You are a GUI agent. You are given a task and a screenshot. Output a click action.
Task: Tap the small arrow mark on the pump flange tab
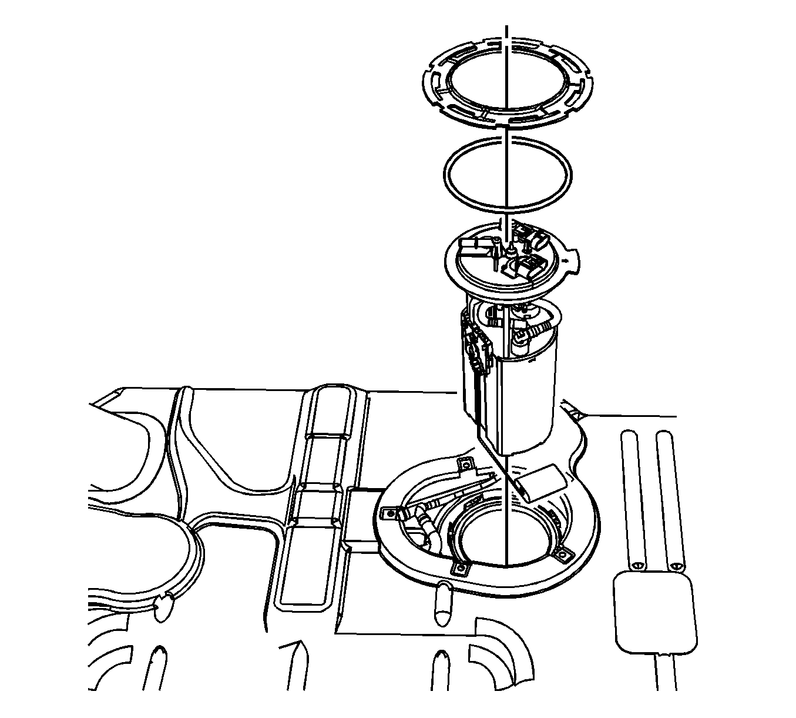tap(565, 259)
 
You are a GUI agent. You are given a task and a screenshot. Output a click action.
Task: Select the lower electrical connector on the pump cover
tap(526, 268)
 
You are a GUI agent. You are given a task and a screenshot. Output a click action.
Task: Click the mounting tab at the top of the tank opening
tap(467, 464)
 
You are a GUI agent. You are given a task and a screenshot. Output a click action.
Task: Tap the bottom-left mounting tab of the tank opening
tap(461, 568)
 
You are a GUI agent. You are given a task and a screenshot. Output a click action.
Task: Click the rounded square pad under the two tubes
tap(655, 612)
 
